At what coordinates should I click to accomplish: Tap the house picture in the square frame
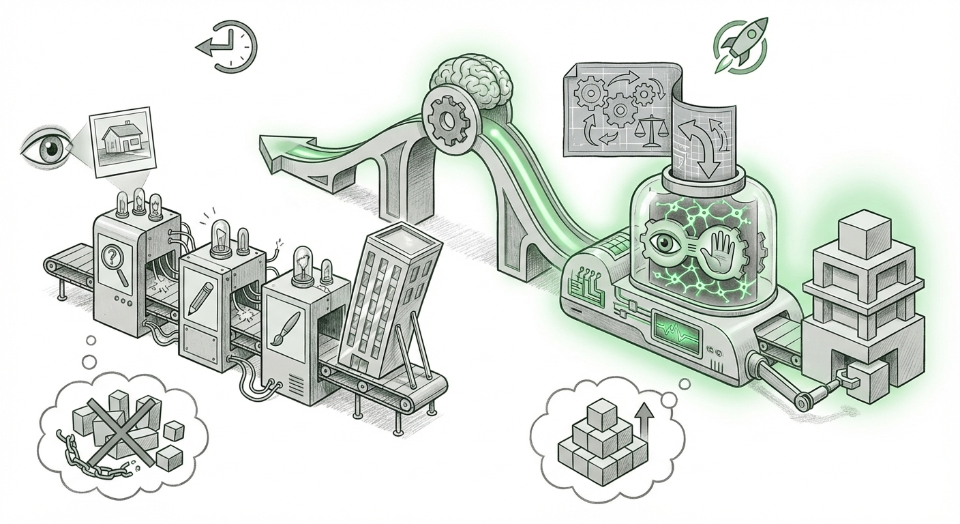(121, 141)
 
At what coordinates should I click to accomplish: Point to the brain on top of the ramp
(470, 81)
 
